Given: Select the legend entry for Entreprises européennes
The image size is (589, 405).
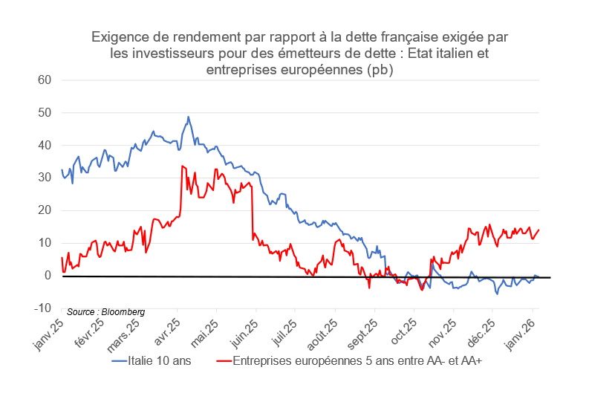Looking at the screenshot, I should click(348, 362).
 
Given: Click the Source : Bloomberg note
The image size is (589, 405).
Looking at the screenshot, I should click(105, 311).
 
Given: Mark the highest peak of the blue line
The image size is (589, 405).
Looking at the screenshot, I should click(188, 117).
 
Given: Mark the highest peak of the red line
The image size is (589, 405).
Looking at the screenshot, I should click(182, 166).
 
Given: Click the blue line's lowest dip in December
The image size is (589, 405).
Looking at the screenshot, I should click(497, 294).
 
